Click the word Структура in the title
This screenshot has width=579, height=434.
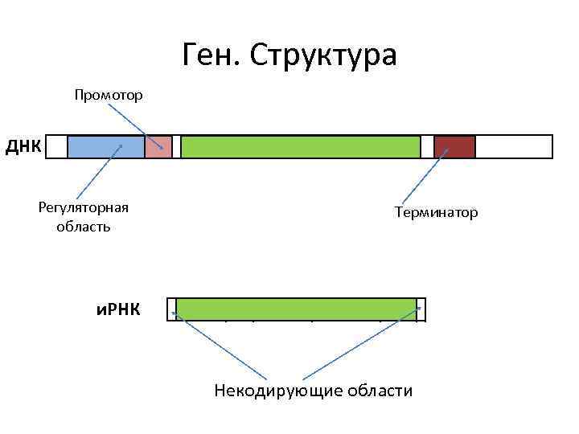(x=323, y=55)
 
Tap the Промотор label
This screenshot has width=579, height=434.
(x=109, y=96)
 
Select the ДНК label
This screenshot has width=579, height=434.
(x=23, y=147)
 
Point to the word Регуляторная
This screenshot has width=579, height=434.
(x=84, y=208)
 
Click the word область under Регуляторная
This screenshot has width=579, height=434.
(x=84, y=227)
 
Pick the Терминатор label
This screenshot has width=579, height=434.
(x=436, y=212)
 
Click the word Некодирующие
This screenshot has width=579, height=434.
(x=277, y=391)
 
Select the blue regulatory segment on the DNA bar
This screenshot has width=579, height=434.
(x=105, y=147)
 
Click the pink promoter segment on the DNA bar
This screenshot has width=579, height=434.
(x=158, y=147)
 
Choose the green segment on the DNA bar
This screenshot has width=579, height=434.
(x=300, y=147)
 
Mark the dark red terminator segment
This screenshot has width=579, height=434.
(x=454, y=147)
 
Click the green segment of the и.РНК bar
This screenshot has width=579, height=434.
(x=296, y=309)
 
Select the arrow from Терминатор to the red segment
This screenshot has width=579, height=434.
(x=425, y=176)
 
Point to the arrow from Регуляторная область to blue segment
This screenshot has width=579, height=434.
(x=98, y=171)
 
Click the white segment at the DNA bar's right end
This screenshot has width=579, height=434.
(x=514, y=147)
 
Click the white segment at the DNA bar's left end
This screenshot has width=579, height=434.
(x=56, y=147)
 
